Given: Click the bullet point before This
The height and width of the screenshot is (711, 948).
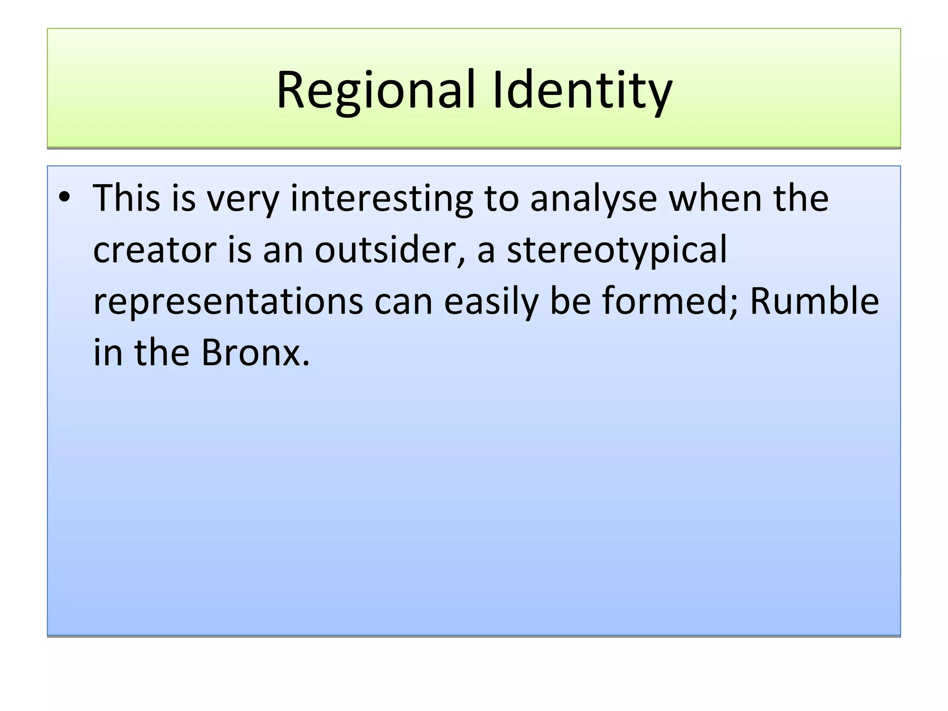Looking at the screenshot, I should point(64,198).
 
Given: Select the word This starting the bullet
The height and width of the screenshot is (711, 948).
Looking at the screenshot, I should point(126,198).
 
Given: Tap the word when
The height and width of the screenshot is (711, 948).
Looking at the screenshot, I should point(716,198).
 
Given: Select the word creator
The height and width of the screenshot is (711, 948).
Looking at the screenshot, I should point(155,250).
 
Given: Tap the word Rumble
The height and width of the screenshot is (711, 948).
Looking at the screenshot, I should point(814,301).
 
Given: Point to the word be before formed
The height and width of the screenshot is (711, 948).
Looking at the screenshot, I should point(570,301).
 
